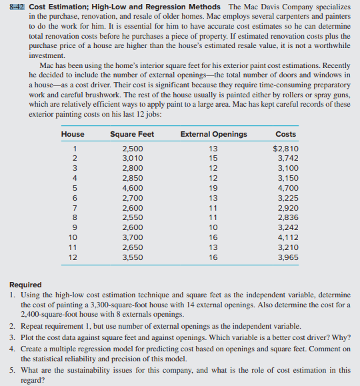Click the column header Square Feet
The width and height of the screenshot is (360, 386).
pyautogui.click(x=131, y=134)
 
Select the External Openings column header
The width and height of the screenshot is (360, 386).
pyautogui.click(x=213, y=134)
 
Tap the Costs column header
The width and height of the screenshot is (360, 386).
pyautogui.click(x=285, y=134)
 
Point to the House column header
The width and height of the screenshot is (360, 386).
pyautogui.click(x=73, y=134)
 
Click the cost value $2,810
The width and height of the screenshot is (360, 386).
pyautogui.click(x=286, y=149)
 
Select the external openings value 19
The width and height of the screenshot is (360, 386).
pyautogui.click(x=213, y=189)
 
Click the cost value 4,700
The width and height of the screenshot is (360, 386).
pyautogui.click(x=287, y=189)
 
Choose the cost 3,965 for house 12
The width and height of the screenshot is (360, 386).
pyautogui.click(x=287, y=257)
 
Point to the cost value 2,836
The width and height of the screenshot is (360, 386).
pyautogui.click(x=287, y=218)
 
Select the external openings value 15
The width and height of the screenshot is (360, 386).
pyautogui.click(x=213, y=159)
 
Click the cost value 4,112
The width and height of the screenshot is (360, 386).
pyautogui.click(x=287, y=237)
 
